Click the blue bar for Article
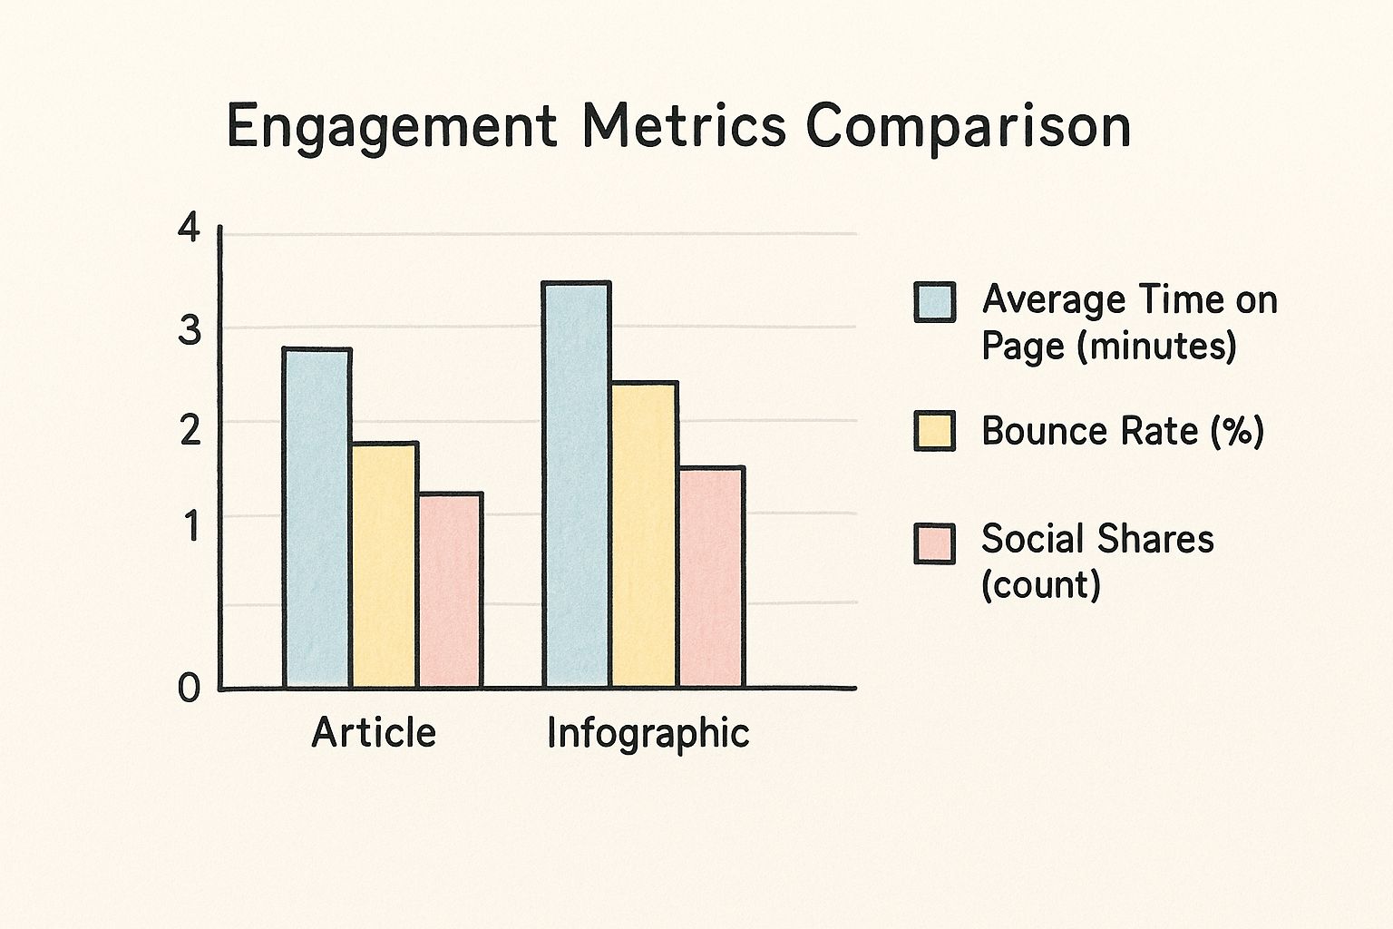(317, 517)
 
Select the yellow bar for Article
(385, 564)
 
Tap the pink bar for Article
(450, 590)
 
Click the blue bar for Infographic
(577, 484)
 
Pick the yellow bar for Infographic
(644, 534)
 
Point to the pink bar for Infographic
(711, 577)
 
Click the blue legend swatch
(934, 302)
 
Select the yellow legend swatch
(934, 431)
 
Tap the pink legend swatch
(934, 543)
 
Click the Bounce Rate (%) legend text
(1122, 431)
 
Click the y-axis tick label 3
(189, 331)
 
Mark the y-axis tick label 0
(189, 689)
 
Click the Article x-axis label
(374, 732)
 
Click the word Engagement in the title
(391, 128)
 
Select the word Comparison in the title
(969, 128)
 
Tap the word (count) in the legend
(1041, 585)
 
